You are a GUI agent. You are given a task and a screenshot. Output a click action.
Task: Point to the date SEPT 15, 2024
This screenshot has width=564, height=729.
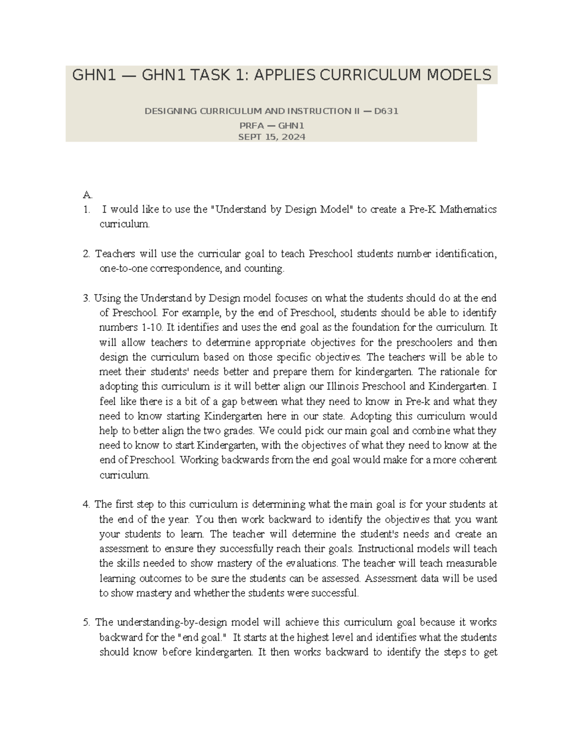pyautogui.click(x=272, y=137)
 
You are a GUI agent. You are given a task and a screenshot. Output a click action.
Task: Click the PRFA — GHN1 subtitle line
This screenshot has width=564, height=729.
pyautogui.click(x=272, y=126)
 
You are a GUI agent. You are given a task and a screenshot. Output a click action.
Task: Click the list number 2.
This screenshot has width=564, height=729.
pyautogui.click(x=86, y=254)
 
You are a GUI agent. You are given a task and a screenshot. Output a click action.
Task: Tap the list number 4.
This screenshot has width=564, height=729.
pyautogui.click(x=86, y=505)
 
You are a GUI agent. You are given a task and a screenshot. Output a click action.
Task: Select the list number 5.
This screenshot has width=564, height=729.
pyautogui.click(x=86, y=622)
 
